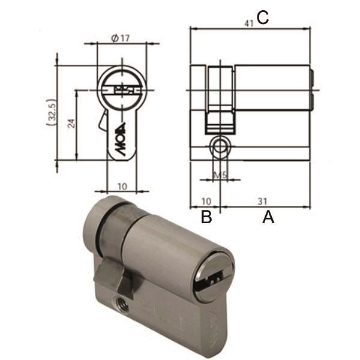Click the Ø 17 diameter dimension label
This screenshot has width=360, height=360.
pyautogui.click(x=121, y=38)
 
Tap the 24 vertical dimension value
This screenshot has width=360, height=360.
pyautogui.click(x=71, y=124)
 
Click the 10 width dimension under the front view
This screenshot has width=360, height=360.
pyautogui.click(x=121, y=186)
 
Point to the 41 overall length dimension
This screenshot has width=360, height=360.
pyautogui.click(x=248, y=23)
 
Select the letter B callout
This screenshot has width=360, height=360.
pyautogui.click(x=206, y=217)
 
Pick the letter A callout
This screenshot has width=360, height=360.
pyautogui.click(x=268, y=217)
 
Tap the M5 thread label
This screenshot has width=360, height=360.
pyautogui.click(x=220, y=176)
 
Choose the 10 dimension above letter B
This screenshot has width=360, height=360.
pyautogui.click(x=205, y=201)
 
